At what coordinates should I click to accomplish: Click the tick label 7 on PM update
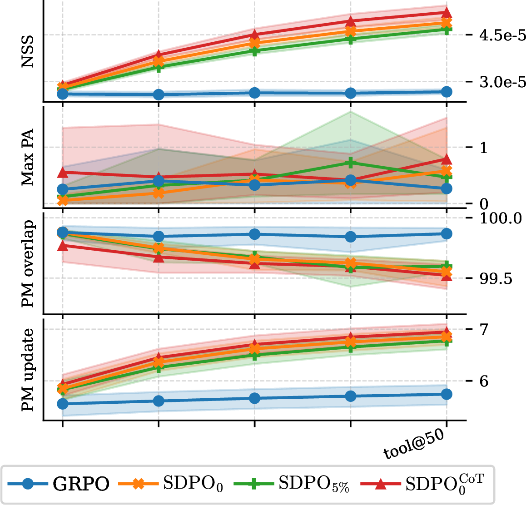pos(484,330)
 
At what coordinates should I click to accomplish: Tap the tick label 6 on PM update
pos(484,381)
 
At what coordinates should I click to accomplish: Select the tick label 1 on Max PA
pos(483,148)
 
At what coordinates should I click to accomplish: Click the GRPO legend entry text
pos(81,484)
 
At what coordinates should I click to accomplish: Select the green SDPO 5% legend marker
pos(254,484)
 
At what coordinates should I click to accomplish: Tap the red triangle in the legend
pos(380,484)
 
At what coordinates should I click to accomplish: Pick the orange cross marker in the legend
pos(139,484)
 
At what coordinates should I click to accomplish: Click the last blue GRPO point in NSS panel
pos(447,92)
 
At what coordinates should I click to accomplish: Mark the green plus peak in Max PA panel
pos(351,163)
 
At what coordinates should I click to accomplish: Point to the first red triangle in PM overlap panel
pos(63,246)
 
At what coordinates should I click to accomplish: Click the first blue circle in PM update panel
pos(63,404)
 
